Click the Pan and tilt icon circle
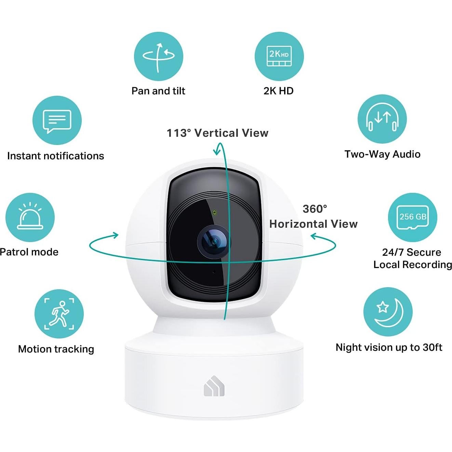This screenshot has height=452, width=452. click(158, 56)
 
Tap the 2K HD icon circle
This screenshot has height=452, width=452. click(279, 56)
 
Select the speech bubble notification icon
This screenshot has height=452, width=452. click(57, 121)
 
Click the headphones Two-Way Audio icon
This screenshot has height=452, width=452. click(382, 119)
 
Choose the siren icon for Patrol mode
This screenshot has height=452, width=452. click(30, 217)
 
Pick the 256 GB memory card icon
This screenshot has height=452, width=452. click(413, 217)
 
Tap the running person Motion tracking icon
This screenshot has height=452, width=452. click(59, 314)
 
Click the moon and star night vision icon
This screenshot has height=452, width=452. click(388, 312)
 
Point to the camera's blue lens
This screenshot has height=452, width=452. click(214, 242)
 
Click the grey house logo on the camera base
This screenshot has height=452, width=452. click(214, 386)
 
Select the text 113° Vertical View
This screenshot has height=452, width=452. click(217, 133)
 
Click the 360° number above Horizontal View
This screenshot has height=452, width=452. click(315, 209)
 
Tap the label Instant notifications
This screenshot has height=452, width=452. click(55, 156)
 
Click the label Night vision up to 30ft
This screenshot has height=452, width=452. click(389, 347)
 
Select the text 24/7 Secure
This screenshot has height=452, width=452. click(412, 252)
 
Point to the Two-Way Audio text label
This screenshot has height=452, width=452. click(382, 154)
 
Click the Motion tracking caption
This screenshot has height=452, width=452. click(56, 349)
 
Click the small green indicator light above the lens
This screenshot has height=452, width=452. click(214, 212)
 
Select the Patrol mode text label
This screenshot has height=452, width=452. click(29, 252)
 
